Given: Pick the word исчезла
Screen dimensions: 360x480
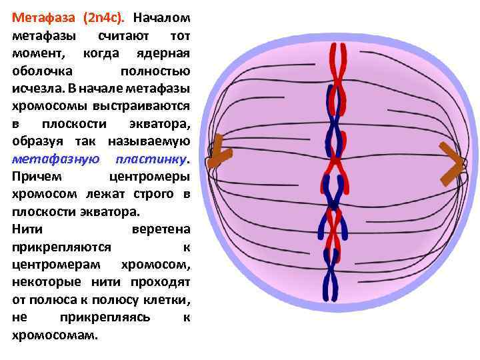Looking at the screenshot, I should [x=37, y=89].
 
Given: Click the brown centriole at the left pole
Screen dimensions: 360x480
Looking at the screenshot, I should [x=218, y=154].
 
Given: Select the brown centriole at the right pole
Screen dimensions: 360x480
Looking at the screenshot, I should [x=452, y=164].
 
